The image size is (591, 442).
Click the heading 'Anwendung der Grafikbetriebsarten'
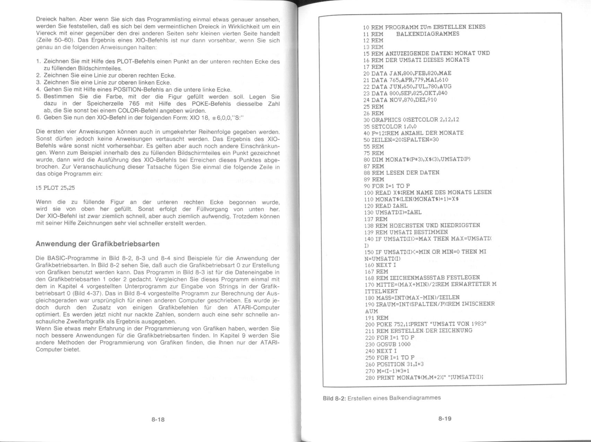97,244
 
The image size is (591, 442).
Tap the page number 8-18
158,419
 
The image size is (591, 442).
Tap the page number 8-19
445,419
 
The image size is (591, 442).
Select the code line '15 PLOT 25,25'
55,188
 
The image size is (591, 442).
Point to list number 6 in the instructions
38,118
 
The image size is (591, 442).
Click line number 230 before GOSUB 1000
370,344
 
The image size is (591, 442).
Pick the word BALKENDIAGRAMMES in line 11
427,34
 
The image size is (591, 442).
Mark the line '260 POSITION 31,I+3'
394,364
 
